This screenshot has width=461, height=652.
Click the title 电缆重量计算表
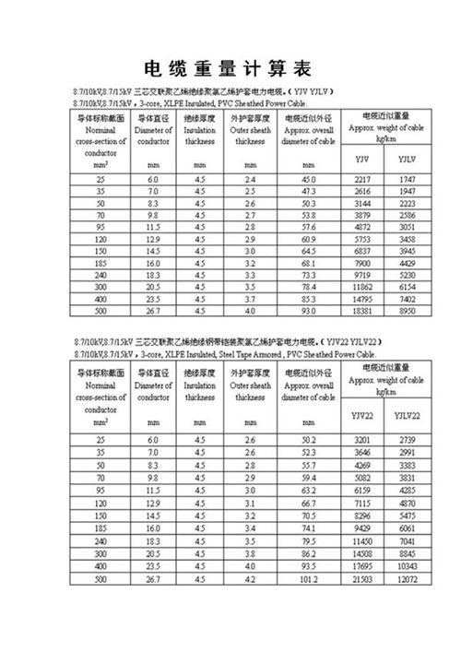point(229,70)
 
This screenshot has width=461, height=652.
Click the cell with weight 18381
point(361,312)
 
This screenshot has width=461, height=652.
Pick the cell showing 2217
point(361,177)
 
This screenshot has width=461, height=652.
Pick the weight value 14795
point(361,300)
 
